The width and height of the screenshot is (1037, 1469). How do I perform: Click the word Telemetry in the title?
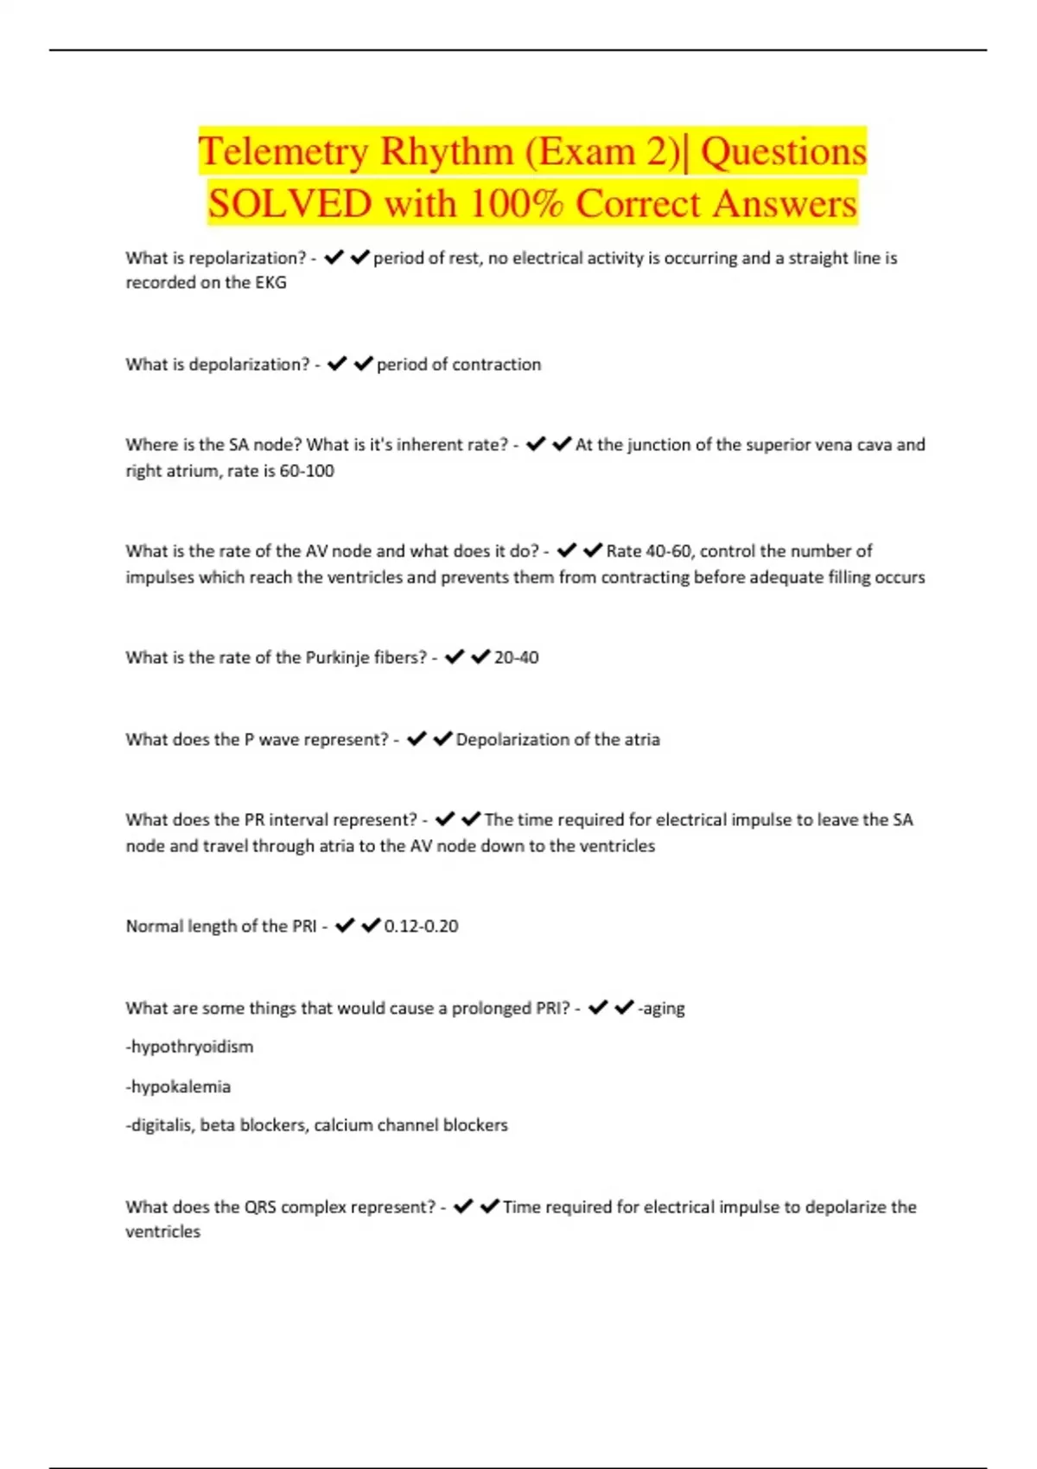283,152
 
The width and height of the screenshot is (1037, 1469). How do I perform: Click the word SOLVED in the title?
289,204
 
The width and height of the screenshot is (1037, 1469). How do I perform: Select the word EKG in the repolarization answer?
270,283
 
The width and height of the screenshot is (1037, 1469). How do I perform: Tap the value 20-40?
516,658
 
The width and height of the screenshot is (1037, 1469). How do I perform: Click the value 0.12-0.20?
421,926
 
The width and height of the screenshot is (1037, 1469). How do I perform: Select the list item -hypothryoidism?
190,1046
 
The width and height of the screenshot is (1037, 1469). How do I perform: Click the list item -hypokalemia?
179,1086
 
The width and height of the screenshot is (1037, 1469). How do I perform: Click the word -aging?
661,1008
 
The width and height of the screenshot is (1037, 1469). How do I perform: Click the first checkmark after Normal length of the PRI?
345,925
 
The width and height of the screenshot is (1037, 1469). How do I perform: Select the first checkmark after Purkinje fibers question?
455,658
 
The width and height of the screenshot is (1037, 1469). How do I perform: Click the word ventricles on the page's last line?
163,1232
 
